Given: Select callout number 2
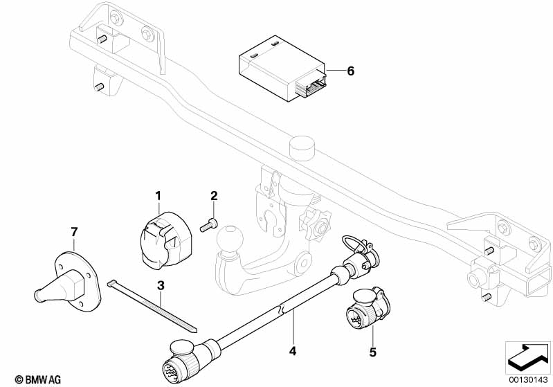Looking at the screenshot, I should (x=214, y=196).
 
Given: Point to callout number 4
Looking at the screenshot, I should (x=293, y=351).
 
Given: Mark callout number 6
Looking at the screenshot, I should (x=350, y=71).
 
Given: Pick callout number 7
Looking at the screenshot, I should (x=73, y=231).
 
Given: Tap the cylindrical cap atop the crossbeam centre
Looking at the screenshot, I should (x=300, y=147).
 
